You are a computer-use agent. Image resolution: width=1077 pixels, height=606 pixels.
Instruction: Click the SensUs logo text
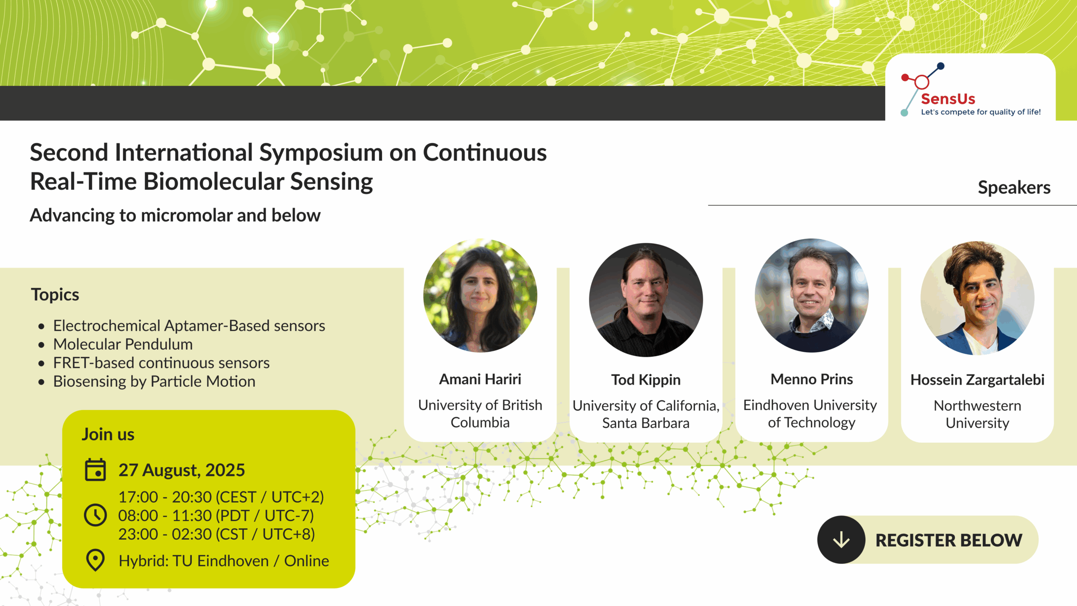point(948,99)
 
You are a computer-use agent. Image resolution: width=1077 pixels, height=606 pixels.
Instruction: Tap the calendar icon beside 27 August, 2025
point(95,470)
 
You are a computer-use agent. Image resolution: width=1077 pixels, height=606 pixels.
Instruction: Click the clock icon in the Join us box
point(95,515)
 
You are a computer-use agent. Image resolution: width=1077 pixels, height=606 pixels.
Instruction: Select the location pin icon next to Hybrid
point(95,560)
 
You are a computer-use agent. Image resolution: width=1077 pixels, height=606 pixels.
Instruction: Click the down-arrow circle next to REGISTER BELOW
point(841,540)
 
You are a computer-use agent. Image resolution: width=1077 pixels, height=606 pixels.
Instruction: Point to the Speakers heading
point(1014,187)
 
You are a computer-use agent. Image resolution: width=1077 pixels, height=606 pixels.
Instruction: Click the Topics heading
point(55,295)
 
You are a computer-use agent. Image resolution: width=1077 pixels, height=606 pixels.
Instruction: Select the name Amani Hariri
point(480,379)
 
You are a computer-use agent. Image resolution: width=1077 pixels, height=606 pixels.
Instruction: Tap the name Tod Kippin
point(646,380)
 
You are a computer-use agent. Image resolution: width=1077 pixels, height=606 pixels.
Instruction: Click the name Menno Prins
point(812,379)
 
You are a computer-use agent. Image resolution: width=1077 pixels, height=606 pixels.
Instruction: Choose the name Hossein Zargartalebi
point(977,380)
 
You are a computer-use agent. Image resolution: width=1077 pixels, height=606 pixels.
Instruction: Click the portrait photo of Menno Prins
point(812,295)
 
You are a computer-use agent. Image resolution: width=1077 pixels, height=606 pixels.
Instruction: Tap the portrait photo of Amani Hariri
point(480,295)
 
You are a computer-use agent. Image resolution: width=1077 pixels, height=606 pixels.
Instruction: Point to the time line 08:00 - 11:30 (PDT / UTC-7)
point(216,516)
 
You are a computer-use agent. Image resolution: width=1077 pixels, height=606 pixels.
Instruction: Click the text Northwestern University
point(977,414)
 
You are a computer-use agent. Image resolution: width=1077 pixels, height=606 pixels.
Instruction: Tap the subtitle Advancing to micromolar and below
point(175,215)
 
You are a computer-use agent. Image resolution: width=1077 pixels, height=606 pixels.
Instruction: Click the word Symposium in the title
point(321,153)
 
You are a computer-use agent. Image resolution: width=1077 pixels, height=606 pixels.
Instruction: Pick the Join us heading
point(108,434)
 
